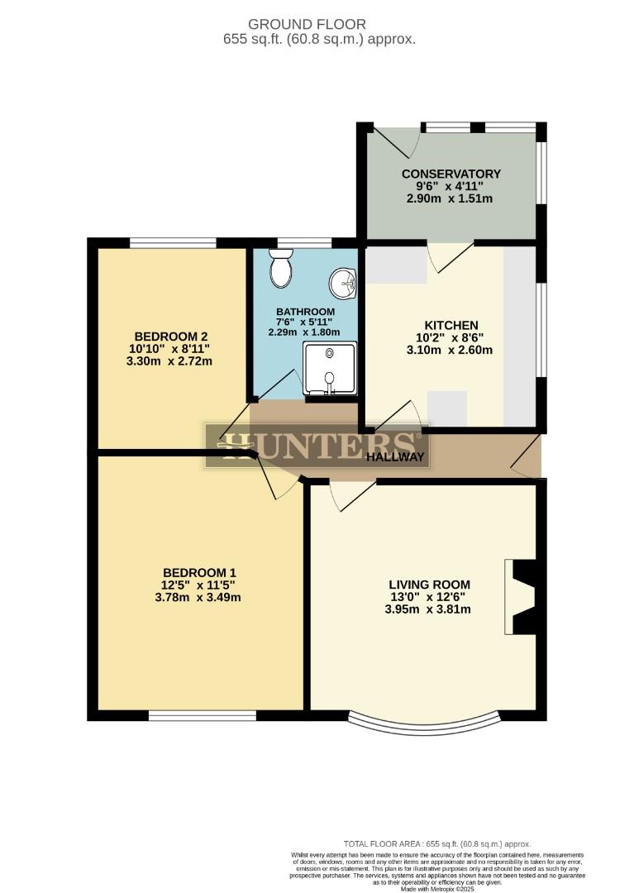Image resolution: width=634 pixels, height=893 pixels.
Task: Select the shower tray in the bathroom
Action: click(x=330, y=369)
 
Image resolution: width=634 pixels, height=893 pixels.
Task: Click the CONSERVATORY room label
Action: click(x=450, y=174)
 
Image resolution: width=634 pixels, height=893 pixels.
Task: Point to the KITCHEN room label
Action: click(x=452, y=325)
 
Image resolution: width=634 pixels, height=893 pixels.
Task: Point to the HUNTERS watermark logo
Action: click(x=317, y=445)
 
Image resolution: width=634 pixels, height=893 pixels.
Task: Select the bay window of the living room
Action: click(x=424, y=723)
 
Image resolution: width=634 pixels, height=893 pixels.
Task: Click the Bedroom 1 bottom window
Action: click(x=203, y=715)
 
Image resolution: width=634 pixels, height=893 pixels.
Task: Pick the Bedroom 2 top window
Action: click(x=174, y=243)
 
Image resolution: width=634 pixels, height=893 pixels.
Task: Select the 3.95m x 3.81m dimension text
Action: click(x=427, y=610)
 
